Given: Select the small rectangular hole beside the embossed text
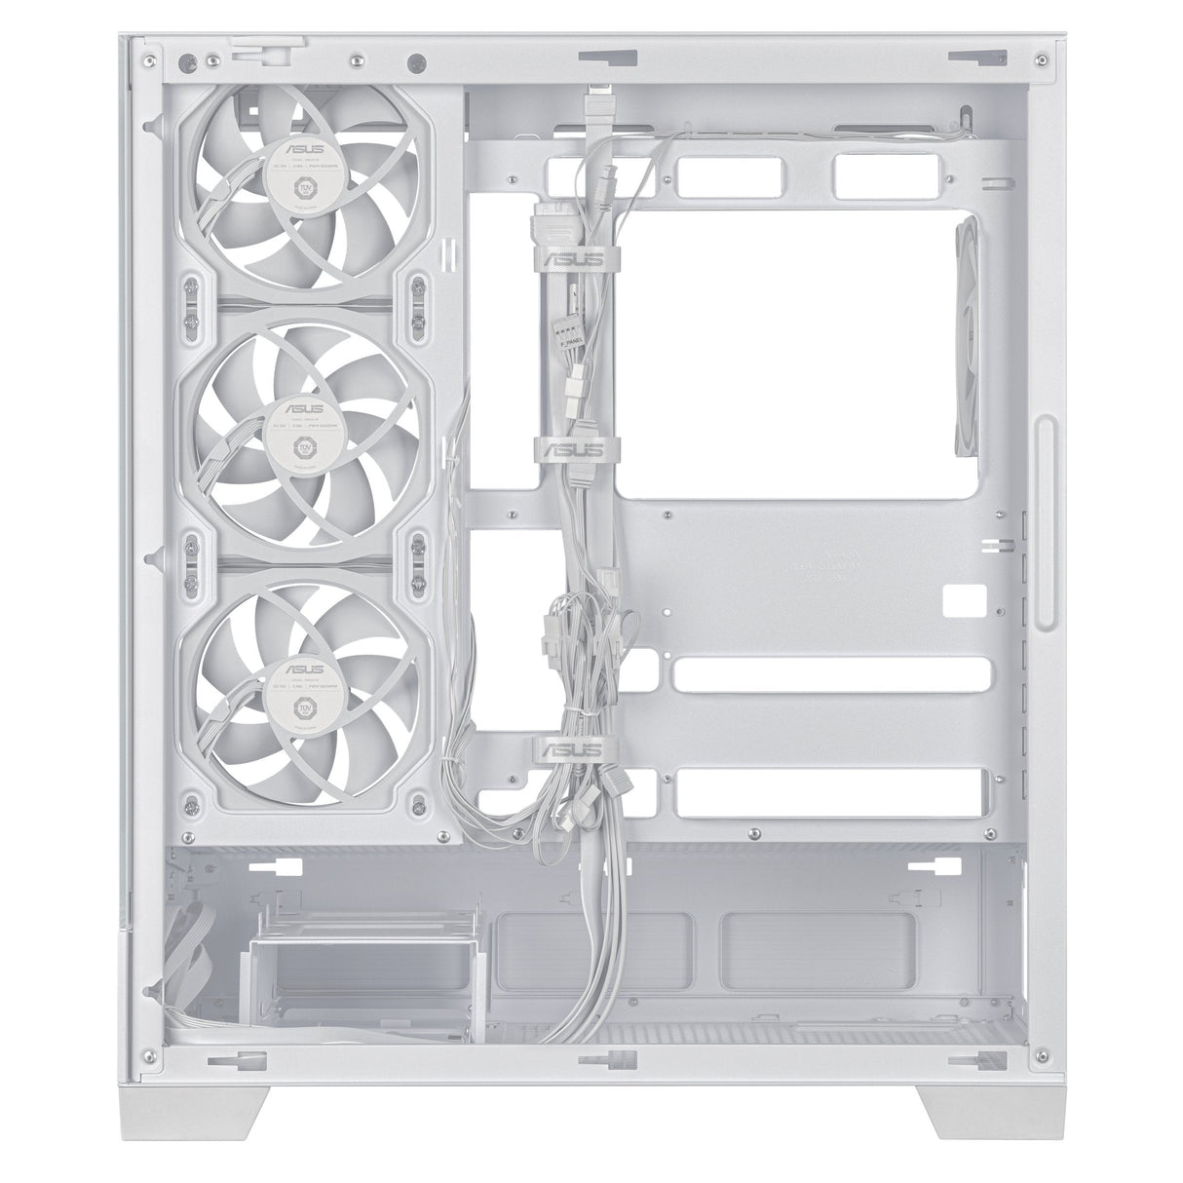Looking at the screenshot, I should pos(966,596).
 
